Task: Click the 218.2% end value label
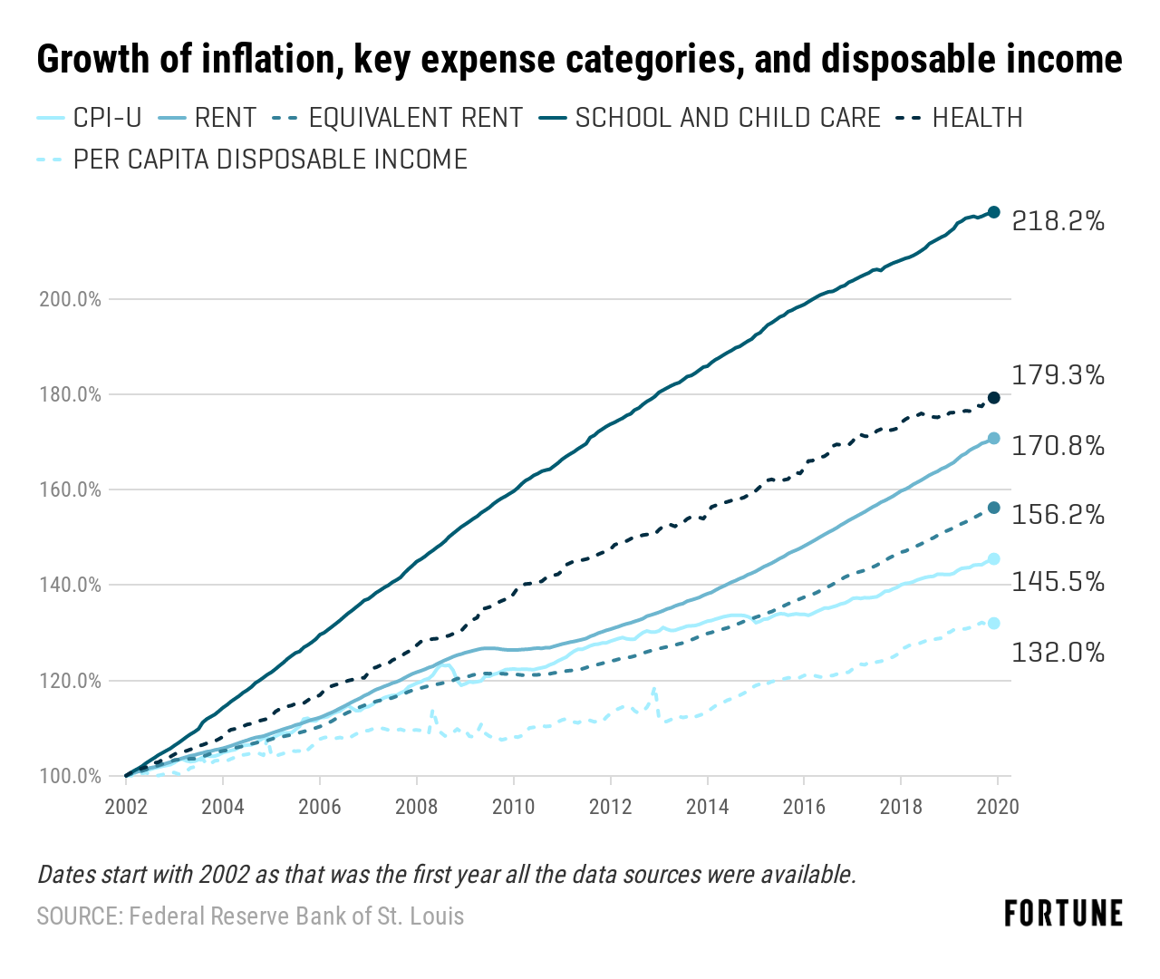pos(1058,221)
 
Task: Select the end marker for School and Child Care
pos(993,212)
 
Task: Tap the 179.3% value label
pos(1058,375)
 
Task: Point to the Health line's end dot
pos(993,397)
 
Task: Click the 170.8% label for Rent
pos(1058,446)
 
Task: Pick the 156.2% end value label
pos(1058,516)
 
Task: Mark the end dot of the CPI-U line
pos(993,558)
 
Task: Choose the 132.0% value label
pos(1058,652)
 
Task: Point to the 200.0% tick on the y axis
pos(70,299)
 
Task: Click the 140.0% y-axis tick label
pos(70,586)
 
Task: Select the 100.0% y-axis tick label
pos(70,777)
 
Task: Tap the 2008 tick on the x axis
pos(416,807)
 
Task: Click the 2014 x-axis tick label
pos(707,807)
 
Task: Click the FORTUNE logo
pos(1063,914)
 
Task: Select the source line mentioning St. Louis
pos(250,916)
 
